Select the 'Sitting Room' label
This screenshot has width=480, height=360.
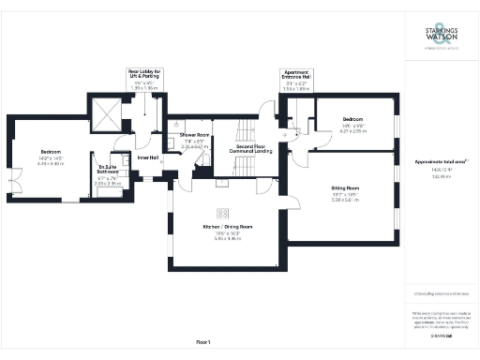tap(346, 188)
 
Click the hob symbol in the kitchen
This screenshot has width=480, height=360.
tap(223, 212)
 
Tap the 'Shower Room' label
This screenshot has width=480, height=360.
tap(195, 135)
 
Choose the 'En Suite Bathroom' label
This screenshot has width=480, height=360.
tap(110, 171)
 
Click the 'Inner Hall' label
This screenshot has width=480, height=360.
tap(148, 157)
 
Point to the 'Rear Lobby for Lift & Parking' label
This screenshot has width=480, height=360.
tap(145, 73)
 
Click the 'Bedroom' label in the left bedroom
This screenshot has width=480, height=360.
tap(50, 151)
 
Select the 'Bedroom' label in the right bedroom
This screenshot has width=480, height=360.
tap(352, 120)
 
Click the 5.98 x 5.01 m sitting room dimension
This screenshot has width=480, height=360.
tap(346, 200)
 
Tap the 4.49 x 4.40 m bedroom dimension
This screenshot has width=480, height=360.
tap(50, 162)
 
